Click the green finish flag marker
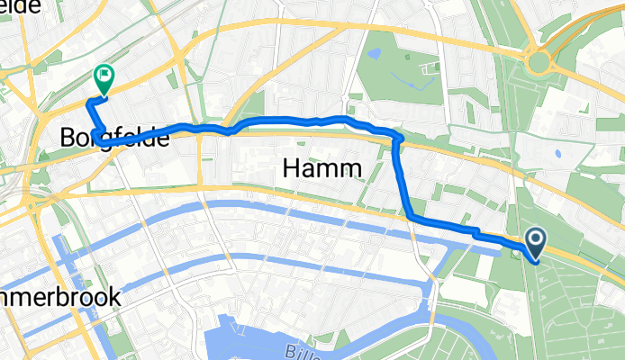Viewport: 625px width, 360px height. point(104,78)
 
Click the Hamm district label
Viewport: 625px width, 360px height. point(322,167)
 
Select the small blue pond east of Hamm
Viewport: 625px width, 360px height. point(559,153)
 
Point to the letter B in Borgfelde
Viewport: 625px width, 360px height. point(69,139)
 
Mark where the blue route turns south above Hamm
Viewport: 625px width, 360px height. point(397,139)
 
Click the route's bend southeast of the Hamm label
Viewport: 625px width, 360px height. point(412,216)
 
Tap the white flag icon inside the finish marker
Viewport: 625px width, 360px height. point(104,76)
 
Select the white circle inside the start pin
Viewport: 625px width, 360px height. point(536,238)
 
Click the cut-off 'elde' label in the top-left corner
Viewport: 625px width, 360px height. point(20,6)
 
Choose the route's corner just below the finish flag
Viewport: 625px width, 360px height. point(89,104)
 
